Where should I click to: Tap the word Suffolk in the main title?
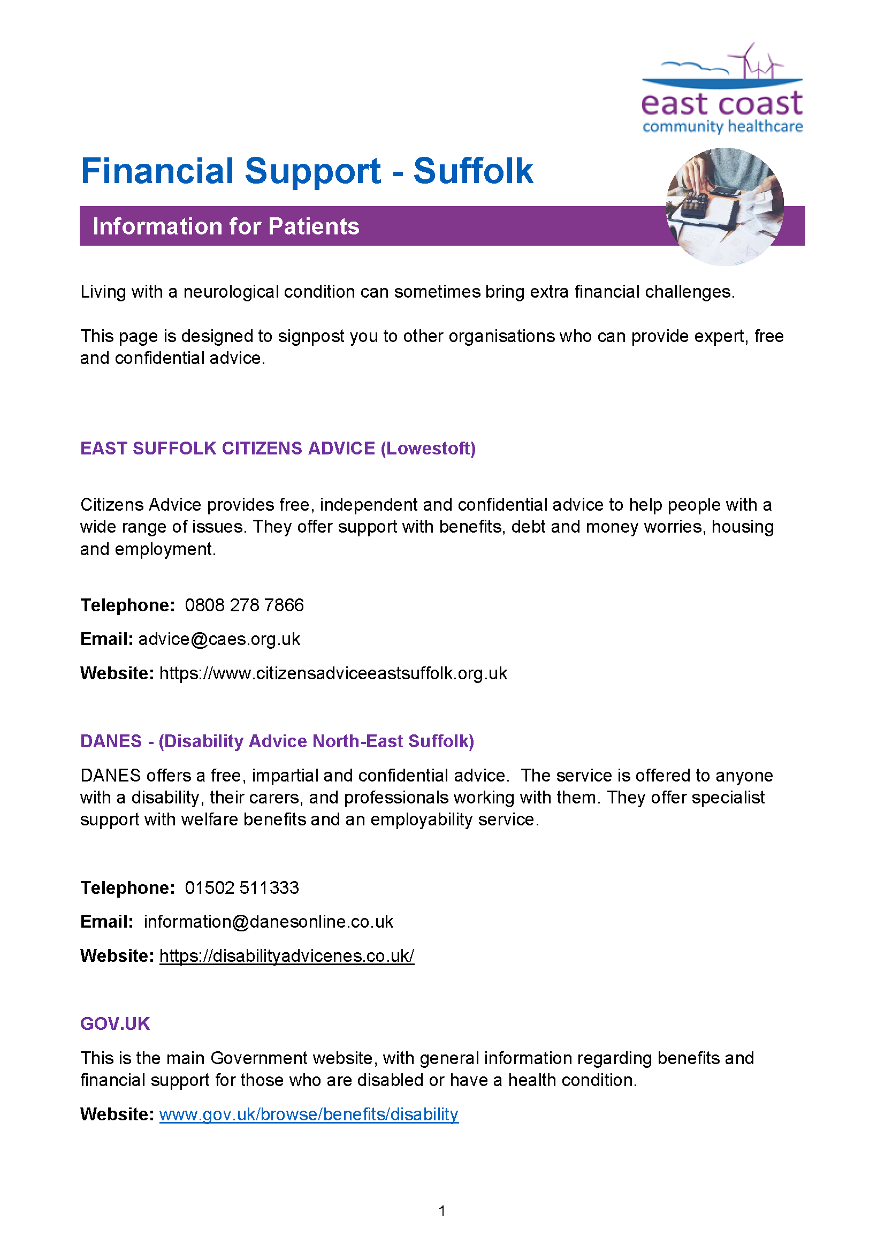pyautogui.click(x=472, y=171)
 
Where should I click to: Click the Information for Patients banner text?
pyautogui.click(x=226, y=226)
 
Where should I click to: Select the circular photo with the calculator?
pyautogui.click(x=724, y=207)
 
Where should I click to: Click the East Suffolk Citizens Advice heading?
pyautogui.click(x=277, y=448)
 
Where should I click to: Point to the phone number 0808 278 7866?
pyautogui.click(x=244, y=605)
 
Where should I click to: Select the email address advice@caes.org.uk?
pyautogui.click(x=218, y=639)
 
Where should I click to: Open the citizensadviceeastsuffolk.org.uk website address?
pyautogui.click(x=333, y=673)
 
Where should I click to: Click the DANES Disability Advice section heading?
pyautogui.click(x=277, y=741)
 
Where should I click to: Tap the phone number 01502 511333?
pyautogui.click(x=242, y=887)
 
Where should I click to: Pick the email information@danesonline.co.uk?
pyautogui.click(x=268, y=922)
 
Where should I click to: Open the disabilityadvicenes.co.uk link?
pyautogui.click(x=287, y=956)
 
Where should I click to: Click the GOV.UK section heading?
pyautogui.click(x=115, y=1023)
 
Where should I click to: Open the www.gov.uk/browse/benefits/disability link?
pyautogui.click(x=308, y=1114)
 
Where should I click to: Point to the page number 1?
pyautogui.click(x=442, y=1211)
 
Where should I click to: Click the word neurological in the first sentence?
pyautogui.click(x=231, y=292)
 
